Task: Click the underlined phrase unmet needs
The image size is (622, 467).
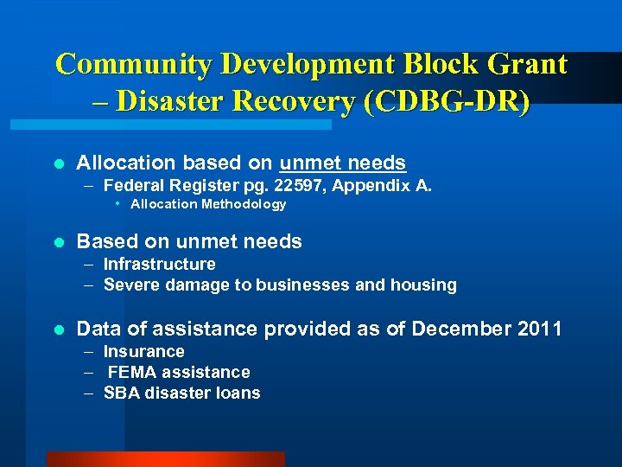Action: tap(343, 163)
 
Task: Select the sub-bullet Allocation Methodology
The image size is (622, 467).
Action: tap(207, 204)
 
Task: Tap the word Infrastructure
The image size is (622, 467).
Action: tap(159, 264)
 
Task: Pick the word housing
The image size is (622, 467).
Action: tap(423, 285)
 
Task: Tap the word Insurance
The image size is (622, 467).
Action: tap(143, 351)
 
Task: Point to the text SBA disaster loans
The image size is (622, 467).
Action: tap(181, 393)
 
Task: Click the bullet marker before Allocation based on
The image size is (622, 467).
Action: tap(58, 163)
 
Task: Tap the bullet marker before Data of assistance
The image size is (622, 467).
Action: tap(58, 329)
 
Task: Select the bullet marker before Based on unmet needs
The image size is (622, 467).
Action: tap(58, 242)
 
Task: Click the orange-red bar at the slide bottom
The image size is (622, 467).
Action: tap(165, 459)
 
